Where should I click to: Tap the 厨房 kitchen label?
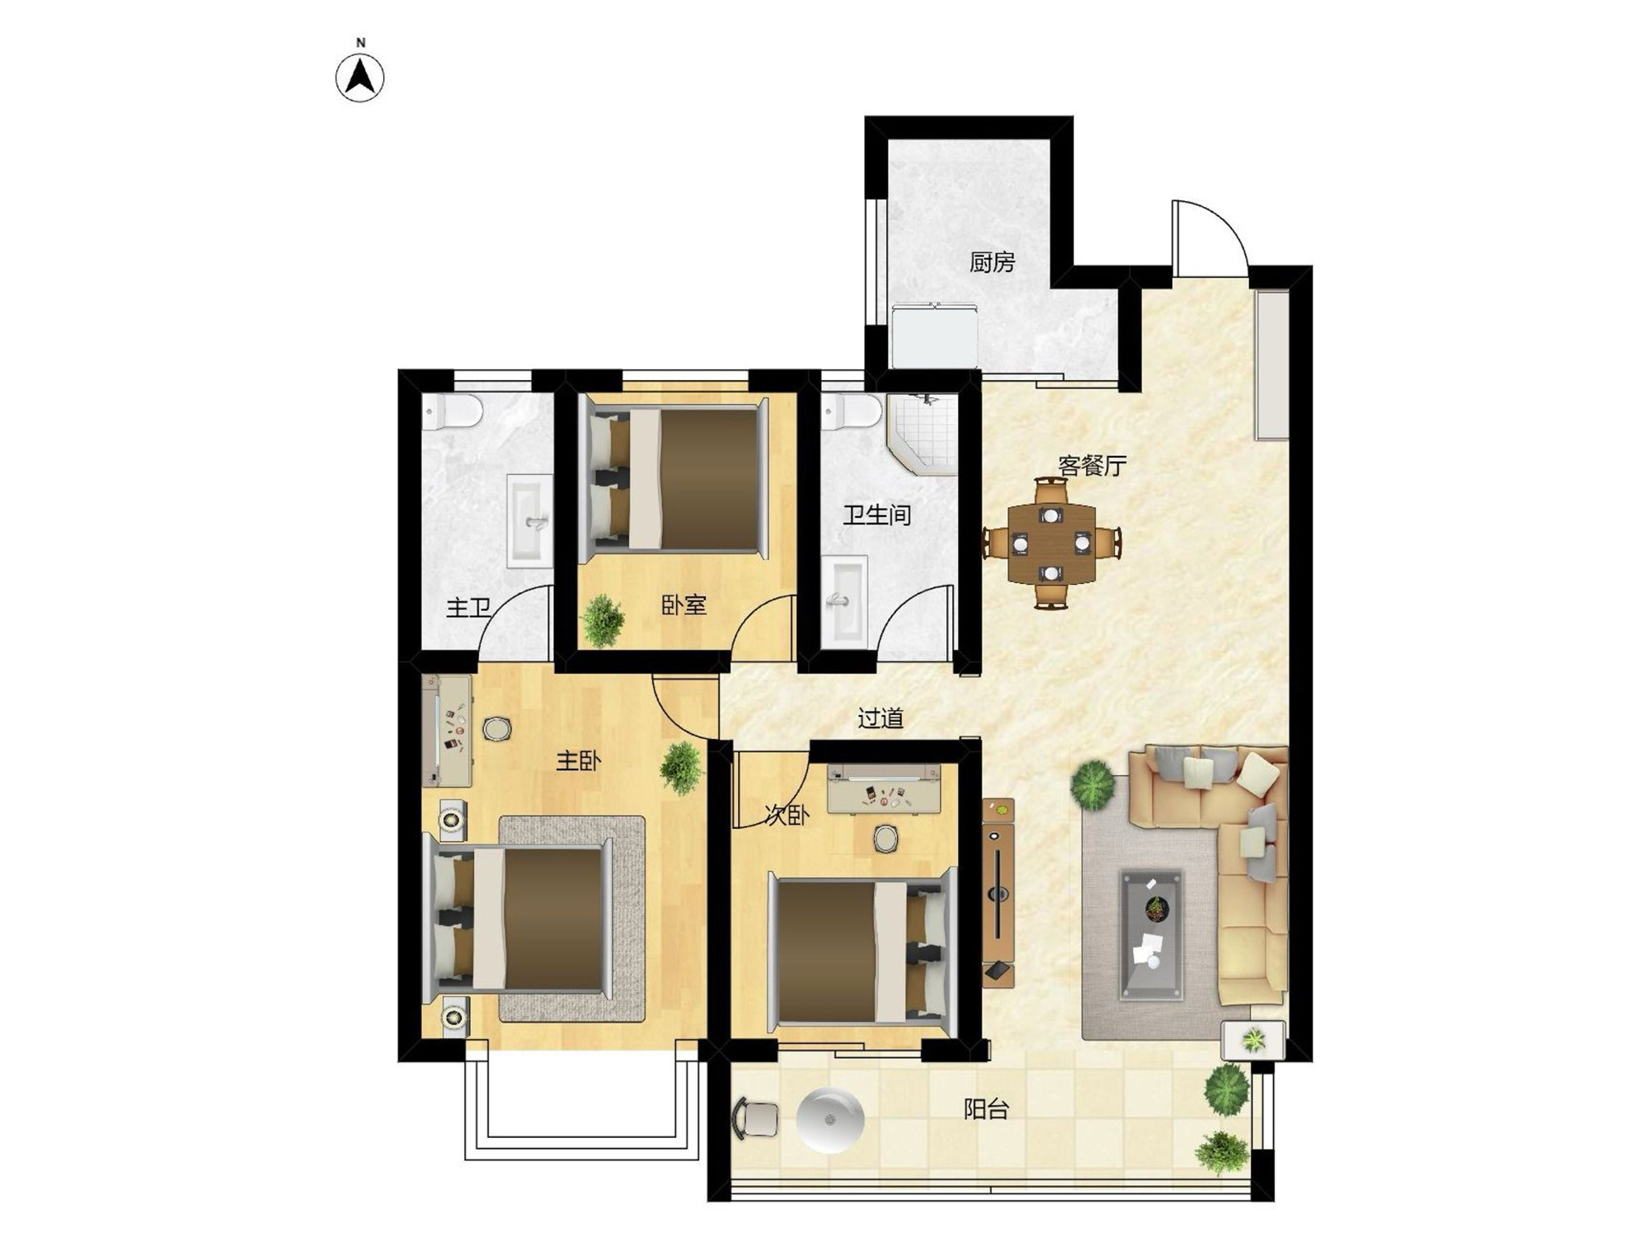pos(992,262)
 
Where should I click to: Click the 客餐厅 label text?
pos(1092,466)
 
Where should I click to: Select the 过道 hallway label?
pos(881,718)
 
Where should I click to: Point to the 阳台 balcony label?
pos(986,1109)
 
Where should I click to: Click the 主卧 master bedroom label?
pos(578,760)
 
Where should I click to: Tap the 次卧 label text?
pos(787,816)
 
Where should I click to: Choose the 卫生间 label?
pos(876,515)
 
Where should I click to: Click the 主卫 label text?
pos(468,609)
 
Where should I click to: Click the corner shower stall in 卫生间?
pos(923,435)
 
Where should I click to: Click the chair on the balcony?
pos(754,1118)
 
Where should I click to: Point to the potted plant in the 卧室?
pos(603,620)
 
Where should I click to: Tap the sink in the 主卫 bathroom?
pos(529,521)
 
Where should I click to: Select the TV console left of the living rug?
pos(998,892)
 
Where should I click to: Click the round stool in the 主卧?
pos(496,729)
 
